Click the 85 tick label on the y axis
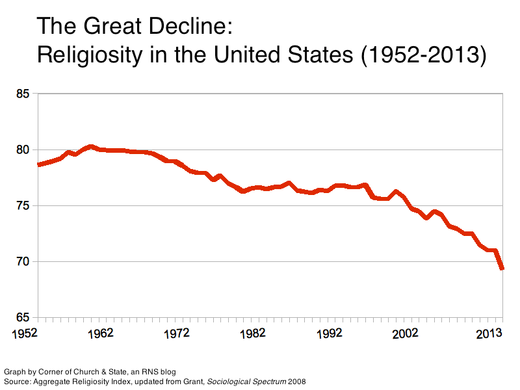click(23, 94)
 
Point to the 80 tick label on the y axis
click(23, 150)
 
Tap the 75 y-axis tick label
click(23, 206)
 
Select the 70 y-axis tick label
click(23, 262)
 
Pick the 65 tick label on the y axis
click(23, 318)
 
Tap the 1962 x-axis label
click(101, 333)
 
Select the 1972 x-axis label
click(176, 333)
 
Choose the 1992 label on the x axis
click(330, 333)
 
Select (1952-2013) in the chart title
click(422, 55)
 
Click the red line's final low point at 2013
click(502, 268)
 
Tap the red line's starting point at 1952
click(39, 164)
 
